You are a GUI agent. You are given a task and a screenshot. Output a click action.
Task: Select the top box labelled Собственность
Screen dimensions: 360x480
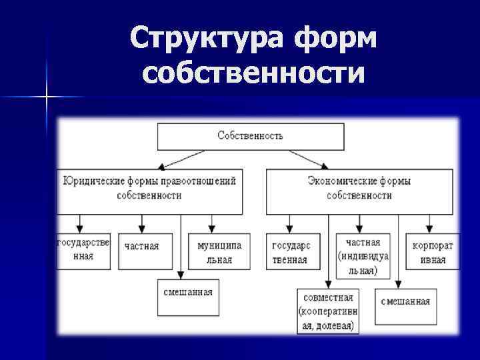point(251,136)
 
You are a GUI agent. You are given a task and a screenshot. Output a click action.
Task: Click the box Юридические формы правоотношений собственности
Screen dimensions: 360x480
point(149,189)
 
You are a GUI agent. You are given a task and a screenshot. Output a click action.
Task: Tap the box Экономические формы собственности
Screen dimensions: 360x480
point(359,189)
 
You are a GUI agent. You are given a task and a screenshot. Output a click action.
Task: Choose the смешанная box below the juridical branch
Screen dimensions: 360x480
point(189,297)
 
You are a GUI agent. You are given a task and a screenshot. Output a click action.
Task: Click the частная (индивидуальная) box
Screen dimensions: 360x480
point(363,255)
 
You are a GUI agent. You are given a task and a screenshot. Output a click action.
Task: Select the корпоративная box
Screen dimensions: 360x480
point(432,251)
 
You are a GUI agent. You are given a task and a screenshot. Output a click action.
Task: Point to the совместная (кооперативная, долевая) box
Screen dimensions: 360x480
point(328,311)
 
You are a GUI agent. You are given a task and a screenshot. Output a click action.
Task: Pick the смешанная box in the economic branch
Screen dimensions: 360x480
point(405,301)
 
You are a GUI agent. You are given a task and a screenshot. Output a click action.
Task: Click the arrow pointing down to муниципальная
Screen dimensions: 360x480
point(212,223)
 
